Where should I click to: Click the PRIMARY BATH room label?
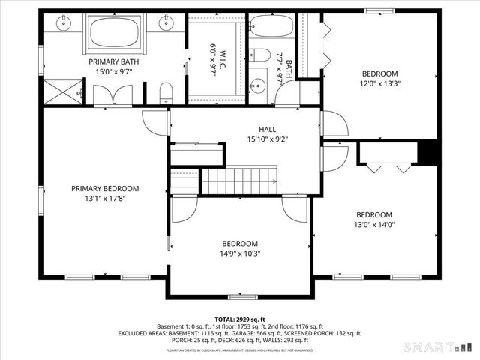pos(113,61)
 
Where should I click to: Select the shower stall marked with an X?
pos(61,92)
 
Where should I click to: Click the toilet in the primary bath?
pos(166,94)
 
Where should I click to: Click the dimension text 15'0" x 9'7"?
pos(113,72)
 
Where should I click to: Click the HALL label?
pos(268,128)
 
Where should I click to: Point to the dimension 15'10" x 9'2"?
pos(268,139)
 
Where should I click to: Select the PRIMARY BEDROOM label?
pos(105,189)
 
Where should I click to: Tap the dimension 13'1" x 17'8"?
pos(105,199)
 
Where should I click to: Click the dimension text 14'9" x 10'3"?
pos(240,253)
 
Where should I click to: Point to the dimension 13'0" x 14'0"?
pos(373,224)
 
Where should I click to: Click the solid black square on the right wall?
pos(428,152)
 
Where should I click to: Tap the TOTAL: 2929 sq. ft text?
pos(240,319)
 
